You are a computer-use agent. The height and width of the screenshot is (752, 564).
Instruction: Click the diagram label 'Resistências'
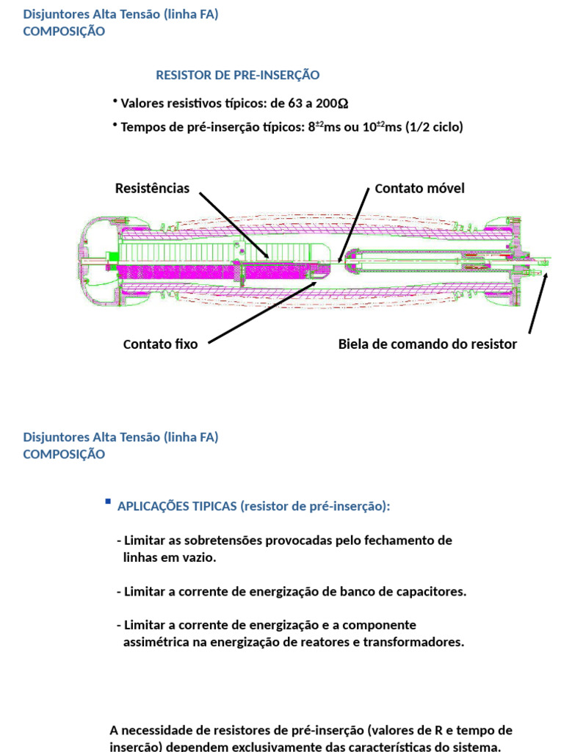(152, 189)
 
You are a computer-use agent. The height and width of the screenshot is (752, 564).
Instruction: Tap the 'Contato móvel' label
(419, 189)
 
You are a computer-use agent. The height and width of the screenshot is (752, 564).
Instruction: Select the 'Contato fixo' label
(160, 344)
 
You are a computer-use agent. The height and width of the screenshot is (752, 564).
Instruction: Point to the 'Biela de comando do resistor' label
(427, 344)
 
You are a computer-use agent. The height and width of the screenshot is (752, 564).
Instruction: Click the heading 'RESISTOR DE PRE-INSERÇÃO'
(238, 75)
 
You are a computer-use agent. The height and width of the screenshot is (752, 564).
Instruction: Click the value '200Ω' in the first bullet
(332, 103)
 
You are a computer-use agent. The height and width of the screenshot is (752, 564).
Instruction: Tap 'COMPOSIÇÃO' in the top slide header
(64, 31)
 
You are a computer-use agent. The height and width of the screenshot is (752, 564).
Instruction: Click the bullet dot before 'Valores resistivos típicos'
(115, 101)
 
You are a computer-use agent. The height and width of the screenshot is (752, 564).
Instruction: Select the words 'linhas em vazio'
(170, 557)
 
